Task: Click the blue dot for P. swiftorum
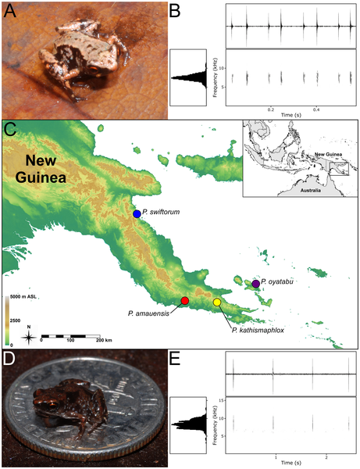click(x=137, y=213)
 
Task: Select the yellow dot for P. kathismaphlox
click(x=217, y=303)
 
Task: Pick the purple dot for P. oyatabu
click(x=255, y=284)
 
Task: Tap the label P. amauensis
click(x=149, y=313)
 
